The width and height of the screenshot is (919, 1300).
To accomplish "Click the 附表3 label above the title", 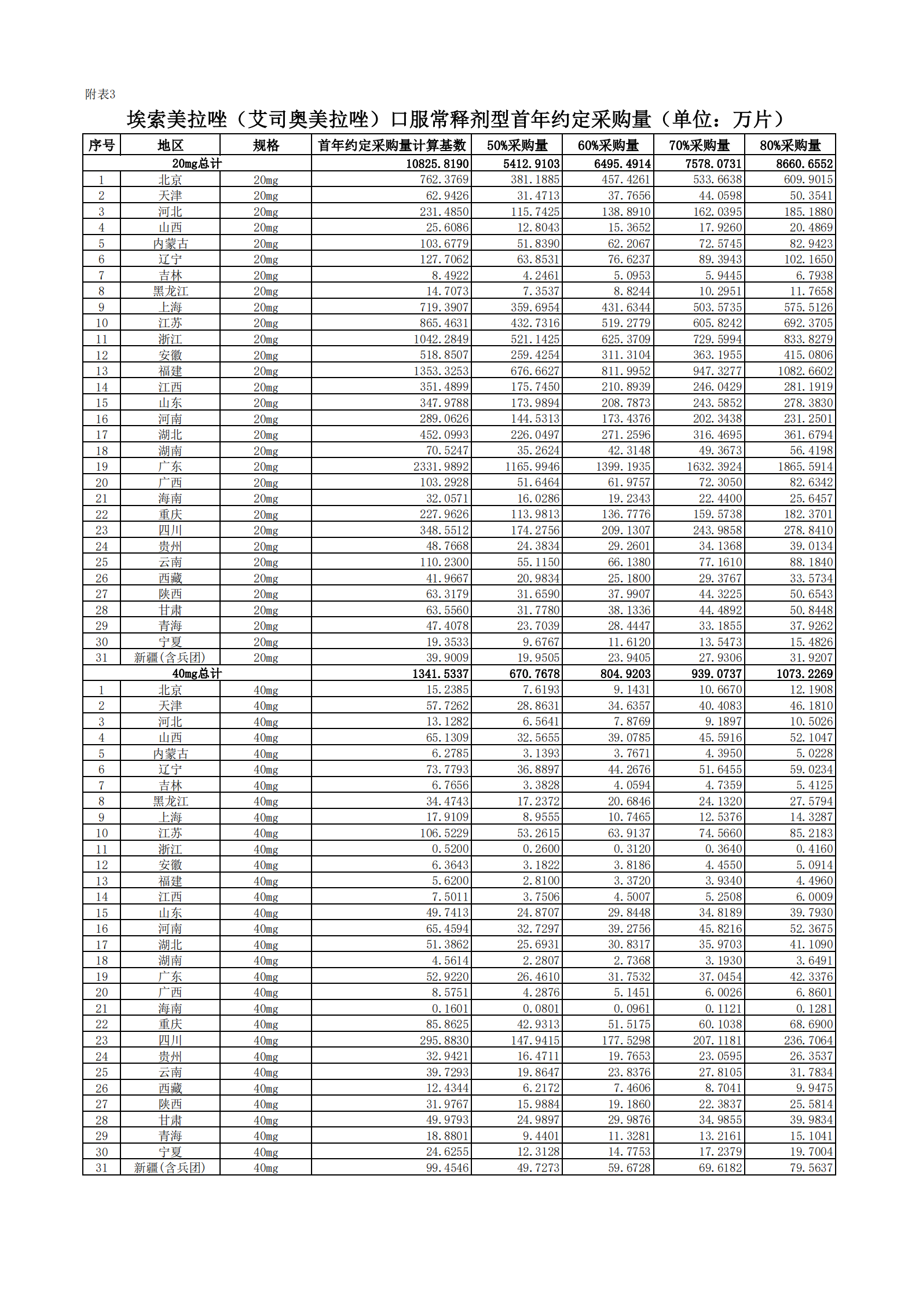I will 100,94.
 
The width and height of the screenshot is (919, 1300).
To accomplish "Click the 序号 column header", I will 101,145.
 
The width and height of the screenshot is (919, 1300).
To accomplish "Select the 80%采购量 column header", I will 790,145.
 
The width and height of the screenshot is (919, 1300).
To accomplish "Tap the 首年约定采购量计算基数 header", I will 391,145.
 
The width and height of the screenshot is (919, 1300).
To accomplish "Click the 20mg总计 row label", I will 196,164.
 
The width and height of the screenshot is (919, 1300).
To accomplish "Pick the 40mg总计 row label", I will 196,673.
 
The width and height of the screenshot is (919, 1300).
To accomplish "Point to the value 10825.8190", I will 437,164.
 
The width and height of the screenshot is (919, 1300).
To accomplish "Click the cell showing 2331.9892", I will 441,467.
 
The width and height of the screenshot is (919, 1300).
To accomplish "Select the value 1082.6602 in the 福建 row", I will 804,371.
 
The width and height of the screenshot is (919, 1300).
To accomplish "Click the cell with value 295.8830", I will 444,1040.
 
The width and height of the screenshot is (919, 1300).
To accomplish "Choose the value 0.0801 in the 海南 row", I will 541,1008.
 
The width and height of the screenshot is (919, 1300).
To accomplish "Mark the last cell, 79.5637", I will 811,1167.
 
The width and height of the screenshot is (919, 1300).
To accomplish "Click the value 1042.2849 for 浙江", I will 441,339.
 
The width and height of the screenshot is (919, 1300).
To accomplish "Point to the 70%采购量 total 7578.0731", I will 713,164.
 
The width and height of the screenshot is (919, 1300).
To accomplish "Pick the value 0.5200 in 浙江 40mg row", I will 450,849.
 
